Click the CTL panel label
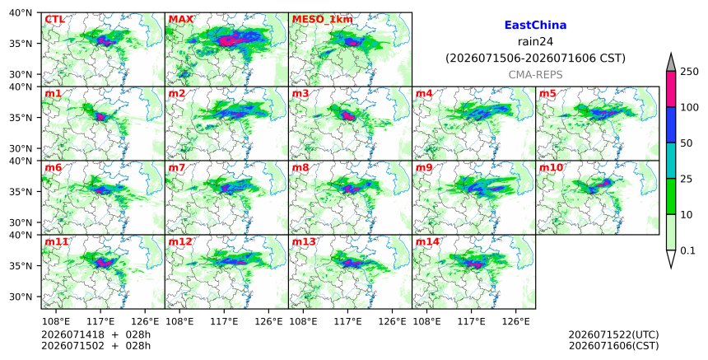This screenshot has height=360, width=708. click(54, 19)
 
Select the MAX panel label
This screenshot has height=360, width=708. click(180, 19)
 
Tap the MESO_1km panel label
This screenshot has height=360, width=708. click(323, 20)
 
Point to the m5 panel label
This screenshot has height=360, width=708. click(547, 93)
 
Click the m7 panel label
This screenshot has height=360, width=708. click(176, 167)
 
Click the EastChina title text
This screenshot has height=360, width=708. click(535, 26)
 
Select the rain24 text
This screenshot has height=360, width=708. click(535, 41)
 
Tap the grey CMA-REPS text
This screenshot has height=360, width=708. click(535, 75)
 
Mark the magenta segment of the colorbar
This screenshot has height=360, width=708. click(670, 89)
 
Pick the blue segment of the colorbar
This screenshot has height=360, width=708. click(670, 125)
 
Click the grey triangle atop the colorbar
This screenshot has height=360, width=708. click(670, 63)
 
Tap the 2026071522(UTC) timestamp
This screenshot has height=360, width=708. click(613, 334)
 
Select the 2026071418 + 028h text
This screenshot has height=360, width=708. click(95, 334)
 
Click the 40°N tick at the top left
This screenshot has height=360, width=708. click(21, 12)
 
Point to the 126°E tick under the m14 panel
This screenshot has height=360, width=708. click(516, 321)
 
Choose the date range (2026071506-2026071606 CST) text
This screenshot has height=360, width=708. click(535, 58)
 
